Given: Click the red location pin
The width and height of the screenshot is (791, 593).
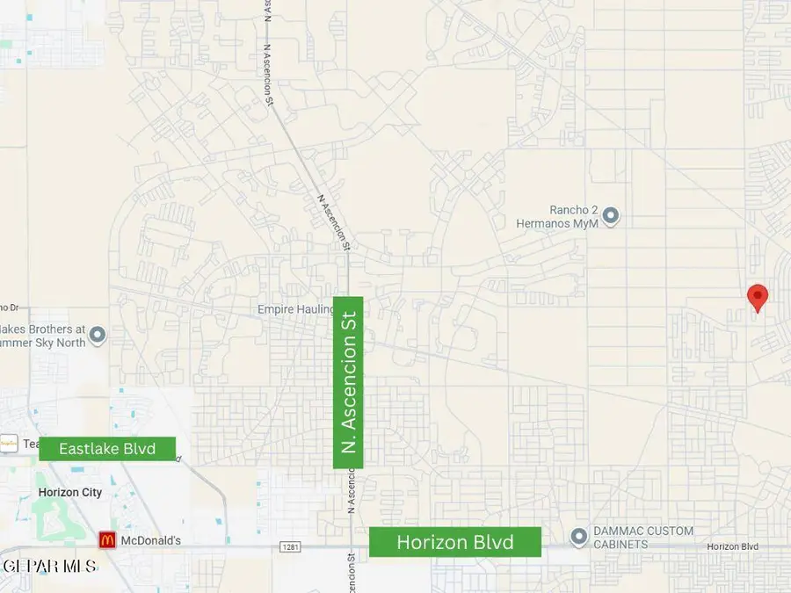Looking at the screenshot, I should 757,298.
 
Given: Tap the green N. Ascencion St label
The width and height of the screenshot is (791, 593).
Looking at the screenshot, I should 349,382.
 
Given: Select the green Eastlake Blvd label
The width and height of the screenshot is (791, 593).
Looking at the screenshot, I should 107,449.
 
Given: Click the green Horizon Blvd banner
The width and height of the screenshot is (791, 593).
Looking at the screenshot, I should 454,542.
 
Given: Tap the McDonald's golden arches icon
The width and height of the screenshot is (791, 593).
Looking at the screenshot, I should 106,540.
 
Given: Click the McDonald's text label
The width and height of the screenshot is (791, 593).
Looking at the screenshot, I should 150,540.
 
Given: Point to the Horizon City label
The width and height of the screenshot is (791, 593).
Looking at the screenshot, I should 70,493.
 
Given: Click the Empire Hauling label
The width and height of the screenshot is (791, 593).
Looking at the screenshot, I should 291,309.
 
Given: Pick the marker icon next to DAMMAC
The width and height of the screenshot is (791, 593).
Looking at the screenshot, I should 578,536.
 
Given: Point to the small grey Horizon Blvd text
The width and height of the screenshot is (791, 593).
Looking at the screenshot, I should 732,546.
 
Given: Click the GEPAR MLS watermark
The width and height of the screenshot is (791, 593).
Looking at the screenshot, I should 49,566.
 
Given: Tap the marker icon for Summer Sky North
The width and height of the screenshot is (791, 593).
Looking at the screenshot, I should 98,335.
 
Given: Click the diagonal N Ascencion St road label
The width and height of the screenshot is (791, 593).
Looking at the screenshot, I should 332,221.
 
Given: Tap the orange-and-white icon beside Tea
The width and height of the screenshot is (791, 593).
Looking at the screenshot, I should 9,444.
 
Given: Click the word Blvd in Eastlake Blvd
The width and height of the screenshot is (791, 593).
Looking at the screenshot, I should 138,449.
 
